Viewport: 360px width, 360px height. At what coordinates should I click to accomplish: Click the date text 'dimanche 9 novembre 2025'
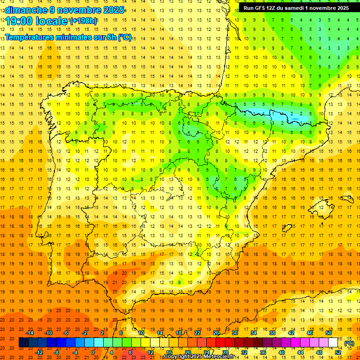[x=65, y=10]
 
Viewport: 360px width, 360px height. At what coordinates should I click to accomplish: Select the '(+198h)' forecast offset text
[x=83, y=21]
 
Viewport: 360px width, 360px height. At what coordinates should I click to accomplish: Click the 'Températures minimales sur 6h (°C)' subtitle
[x=68, y=37]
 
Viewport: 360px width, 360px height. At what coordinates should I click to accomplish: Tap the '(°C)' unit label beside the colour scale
[x=349, y=343]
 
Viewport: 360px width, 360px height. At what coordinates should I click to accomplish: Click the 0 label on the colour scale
[x=93, y=352]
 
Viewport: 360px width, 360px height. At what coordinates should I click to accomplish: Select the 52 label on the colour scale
[x=337, y=352]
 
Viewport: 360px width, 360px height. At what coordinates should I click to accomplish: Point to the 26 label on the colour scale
[x=216, y=333]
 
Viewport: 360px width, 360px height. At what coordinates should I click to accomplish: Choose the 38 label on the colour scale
[x=272, y=333]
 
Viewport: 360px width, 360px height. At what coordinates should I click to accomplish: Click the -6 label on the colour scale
[x=66, y=333]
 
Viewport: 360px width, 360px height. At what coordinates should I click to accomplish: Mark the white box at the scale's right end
[x=333, y=343]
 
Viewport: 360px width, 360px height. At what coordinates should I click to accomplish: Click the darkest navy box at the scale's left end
[x=24, y=343]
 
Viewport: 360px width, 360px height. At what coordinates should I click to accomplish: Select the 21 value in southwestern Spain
[x=114, y=283]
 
